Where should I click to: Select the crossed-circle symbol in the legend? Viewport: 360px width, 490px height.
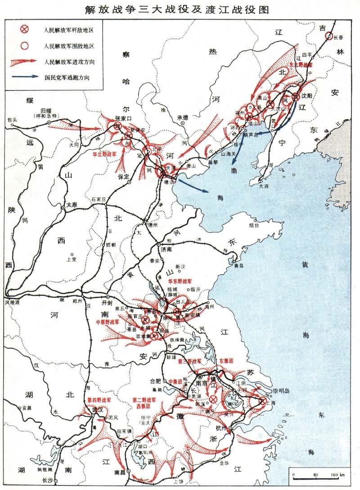click(x=25, y=30)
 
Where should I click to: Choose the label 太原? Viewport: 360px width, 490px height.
click(x=72, y=204)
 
